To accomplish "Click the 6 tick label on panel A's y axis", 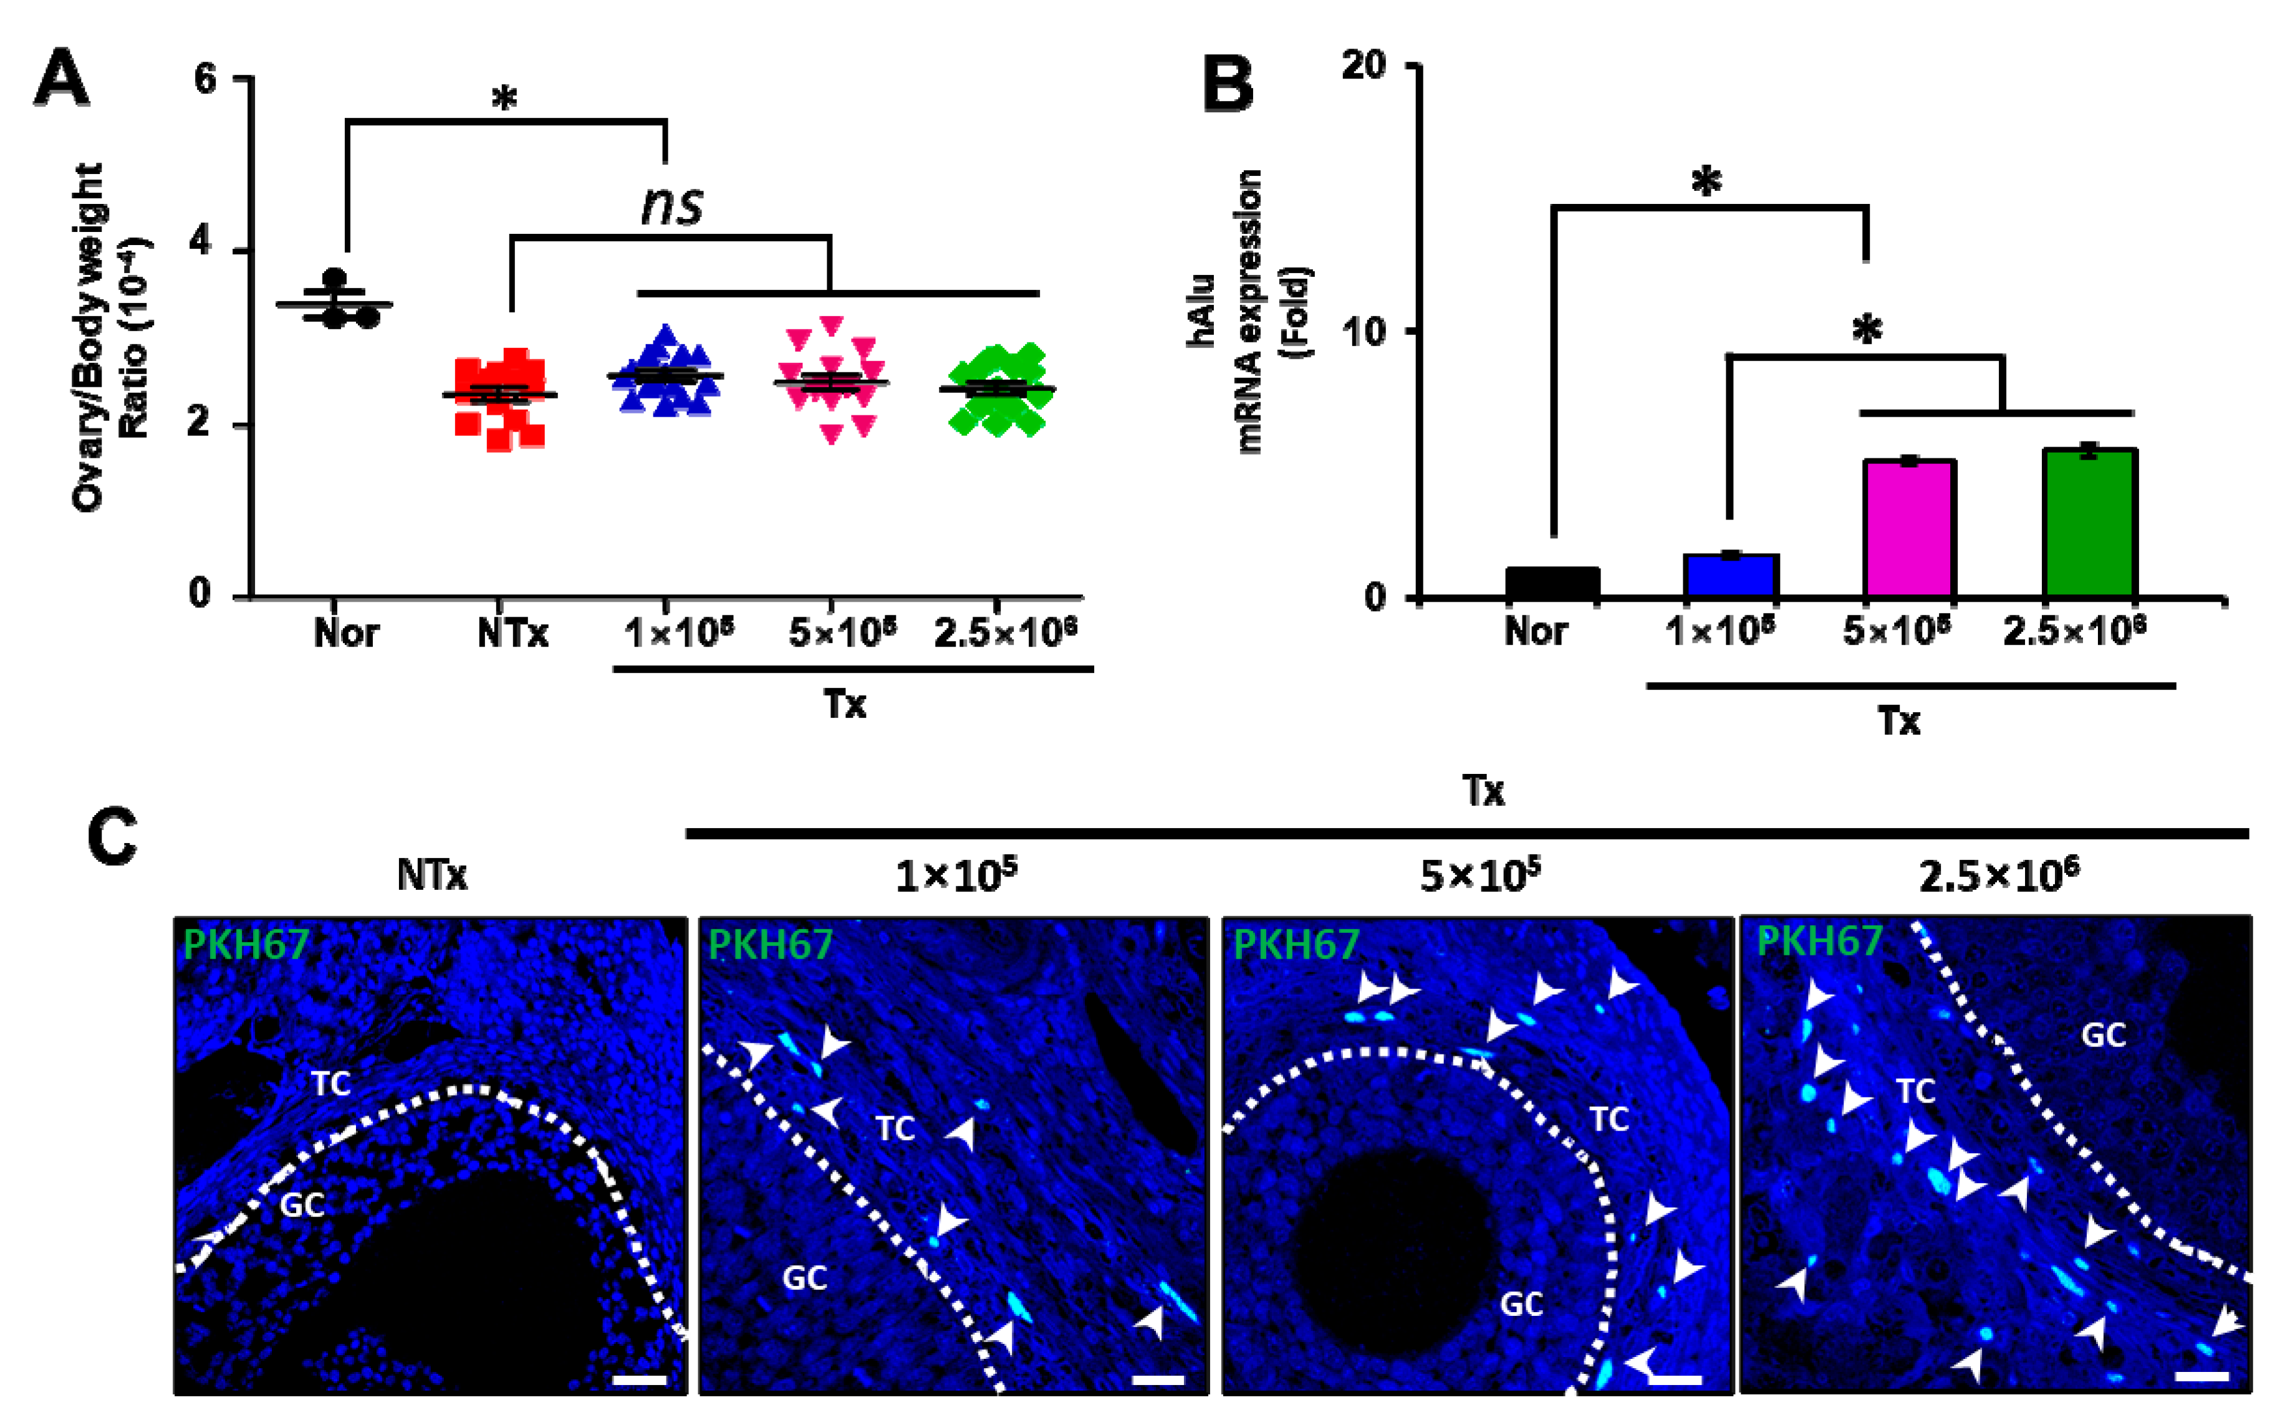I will [205, 79].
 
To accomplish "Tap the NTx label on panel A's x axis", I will [512, 634].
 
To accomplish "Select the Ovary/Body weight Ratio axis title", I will [112, 336].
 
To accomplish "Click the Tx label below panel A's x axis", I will [845, 704].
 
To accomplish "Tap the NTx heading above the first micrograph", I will [431, 875].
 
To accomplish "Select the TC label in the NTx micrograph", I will [330, 1084].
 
